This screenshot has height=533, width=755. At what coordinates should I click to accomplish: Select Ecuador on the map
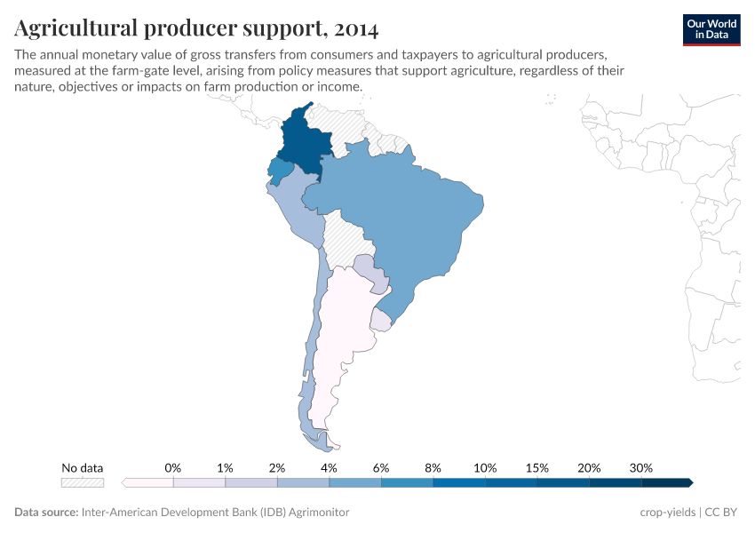(281, 169)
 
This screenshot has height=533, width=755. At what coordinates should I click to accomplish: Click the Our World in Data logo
(711, 29)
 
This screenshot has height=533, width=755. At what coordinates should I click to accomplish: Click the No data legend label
(82, 467)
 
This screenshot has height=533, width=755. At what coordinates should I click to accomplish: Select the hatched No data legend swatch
(82, 482)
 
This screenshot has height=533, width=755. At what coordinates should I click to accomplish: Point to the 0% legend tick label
(173, 467)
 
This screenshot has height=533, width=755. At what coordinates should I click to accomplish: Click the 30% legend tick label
(641, 467)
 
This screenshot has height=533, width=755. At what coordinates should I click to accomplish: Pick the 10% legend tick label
(485, 467)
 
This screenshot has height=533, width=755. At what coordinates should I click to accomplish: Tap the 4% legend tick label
(329, 467)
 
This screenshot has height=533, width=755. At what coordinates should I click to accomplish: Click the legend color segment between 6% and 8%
(407, 482)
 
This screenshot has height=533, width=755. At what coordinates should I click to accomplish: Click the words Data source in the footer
(46, 513)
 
